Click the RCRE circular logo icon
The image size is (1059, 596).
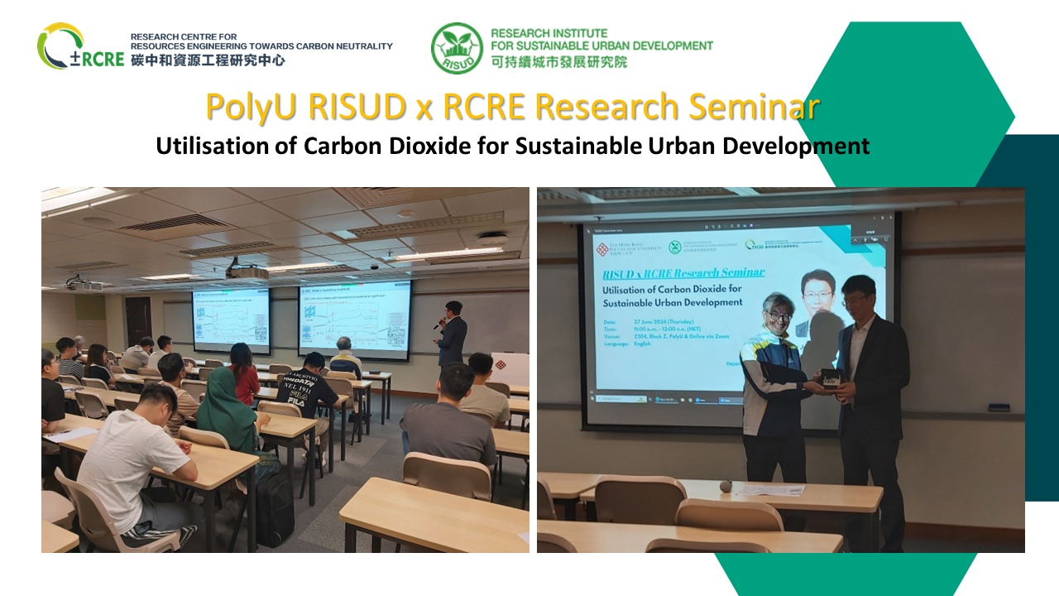[x=60, y=46]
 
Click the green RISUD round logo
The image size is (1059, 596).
[x=456, y=48]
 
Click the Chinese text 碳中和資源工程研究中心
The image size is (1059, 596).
[x=208, y=60]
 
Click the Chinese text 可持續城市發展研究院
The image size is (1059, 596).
[x=558, y=62]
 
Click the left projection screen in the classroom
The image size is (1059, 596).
[x=231, y=320]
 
